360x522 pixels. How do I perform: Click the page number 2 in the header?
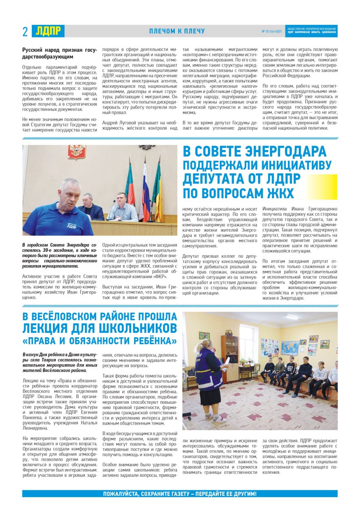(x=25, y=31)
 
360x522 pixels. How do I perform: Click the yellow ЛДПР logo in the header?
(x=48, y=31)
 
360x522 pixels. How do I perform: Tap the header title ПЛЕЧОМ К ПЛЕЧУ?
(x=177, y=31)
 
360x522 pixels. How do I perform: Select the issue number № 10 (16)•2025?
(x=272, y=31)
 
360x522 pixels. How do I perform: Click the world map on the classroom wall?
(x=289, y=347)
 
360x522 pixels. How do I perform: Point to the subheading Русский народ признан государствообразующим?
(x=60, y=53)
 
